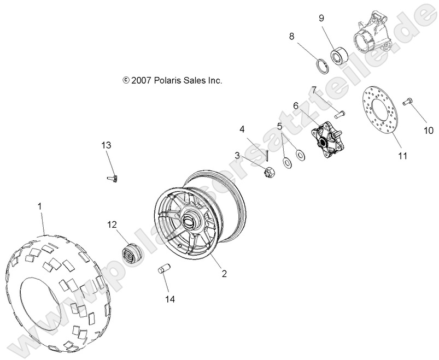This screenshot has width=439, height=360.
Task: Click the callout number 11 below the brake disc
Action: pos(402,156)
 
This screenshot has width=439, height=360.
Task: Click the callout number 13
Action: pos(106,145)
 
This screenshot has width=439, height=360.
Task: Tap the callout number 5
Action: pos(280,126)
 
